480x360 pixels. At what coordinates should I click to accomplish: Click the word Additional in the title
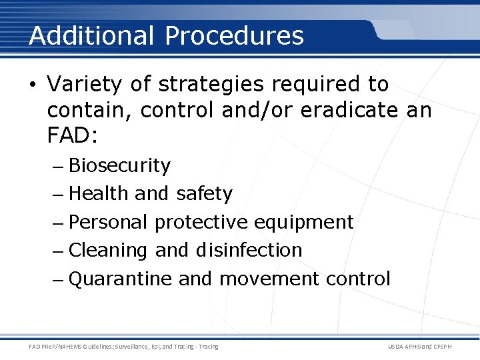tap(91, 35)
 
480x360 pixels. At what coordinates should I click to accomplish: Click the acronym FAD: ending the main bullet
tap(73, 137)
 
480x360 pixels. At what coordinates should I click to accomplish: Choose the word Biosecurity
tap(119, 165)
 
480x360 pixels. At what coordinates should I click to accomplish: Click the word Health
tap(98, 193)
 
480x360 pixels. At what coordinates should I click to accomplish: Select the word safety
tap(204, 194)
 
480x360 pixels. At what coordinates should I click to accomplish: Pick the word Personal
tap(108, 222)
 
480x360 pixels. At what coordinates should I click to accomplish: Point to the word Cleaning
tap(108, 250)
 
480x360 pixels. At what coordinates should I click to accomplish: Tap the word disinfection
tap(249, 250)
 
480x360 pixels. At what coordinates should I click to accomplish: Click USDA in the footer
tap(397, 346)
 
